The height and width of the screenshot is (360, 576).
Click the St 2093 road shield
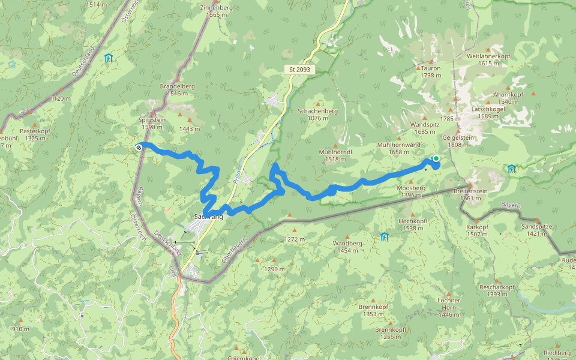click(300, 70)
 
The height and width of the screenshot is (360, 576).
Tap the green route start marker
click(436, 158)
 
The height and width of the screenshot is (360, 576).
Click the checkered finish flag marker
click(139, 146)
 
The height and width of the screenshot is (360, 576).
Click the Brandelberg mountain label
click(178, 86)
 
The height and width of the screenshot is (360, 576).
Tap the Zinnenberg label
click(216, 8)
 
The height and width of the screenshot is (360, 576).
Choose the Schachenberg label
click(318, 111)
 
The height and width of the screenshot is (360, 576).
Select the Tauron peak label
click(431, 68)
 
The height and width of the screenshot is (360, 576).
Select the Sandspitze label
click(536, 227)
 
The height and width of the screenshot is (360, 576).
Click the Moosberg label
click(411, 188)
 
